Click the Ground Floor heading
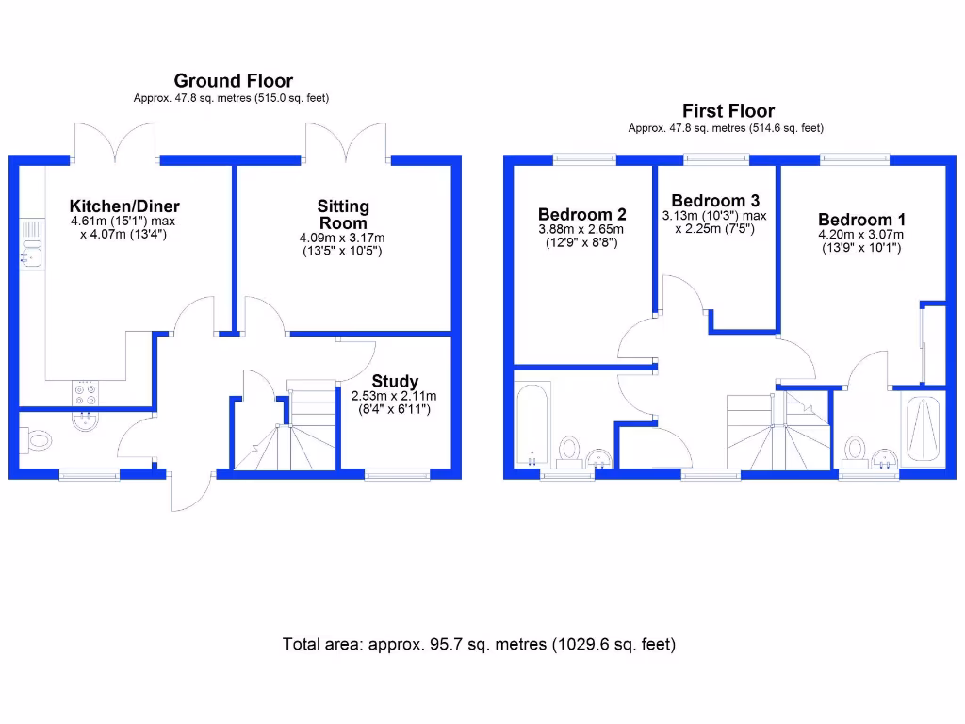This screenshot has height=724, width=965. pos(233,82)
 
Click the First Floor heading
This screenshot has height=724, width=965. pos(728,111)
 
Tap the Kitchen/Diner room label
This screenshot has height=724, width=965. pos(124,206)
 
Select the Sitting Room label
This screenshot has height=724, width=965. pos(343,214)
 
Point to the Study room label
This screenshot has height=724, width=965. pos(394,382)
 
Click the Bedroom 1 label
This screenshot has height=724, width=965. pos(860,220)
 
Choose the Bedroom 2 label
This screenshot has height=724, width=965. pos(581,214)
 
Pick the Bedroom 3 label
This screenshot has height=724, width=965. pos(714,200)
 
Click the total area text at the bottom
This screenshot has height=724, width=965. pos(479,645)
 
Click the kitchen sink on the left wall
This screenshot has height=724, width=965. pos(32,252)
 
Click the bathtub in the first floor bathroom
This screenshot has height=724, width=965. pos(533,424)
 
